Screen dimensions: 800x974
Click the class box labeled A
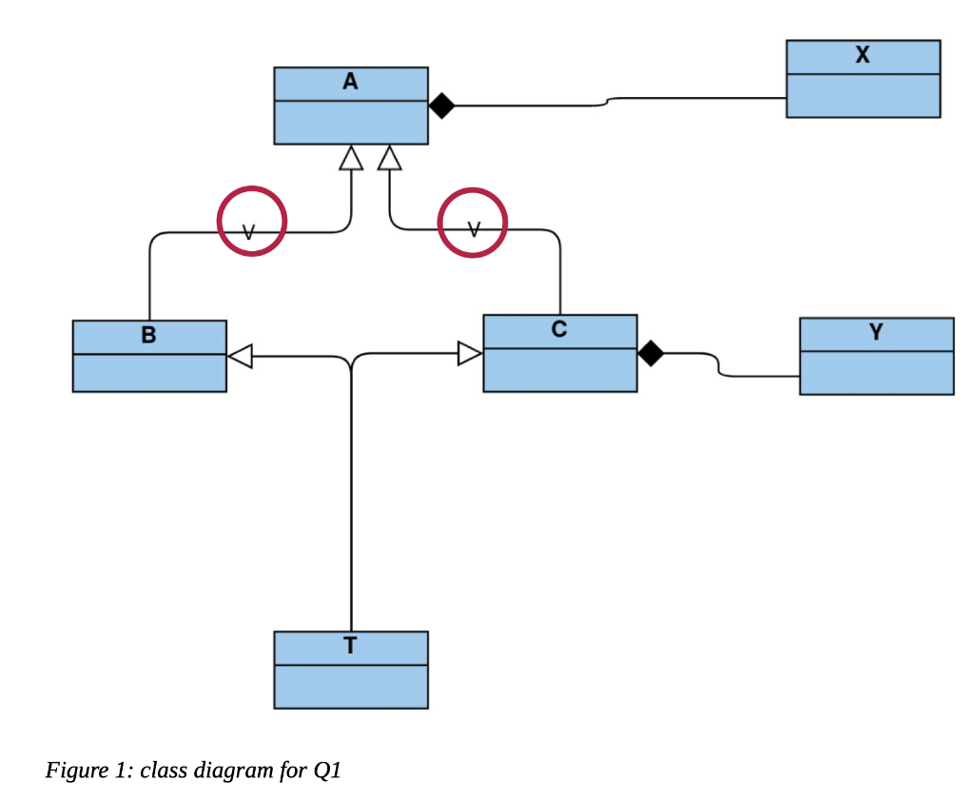click(350, 106)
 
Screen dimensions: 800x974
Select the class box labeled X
click(863, 79)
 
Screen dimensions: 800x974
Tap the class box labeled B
click(149, 356)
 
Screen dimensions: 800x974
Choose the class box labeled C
click(559, 353)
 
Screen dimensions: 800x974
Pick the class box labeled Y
click(876, 356)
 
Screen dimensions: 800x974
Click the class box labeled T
click(350, 670)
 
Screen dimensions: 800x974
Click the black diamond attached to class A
click(440, 106)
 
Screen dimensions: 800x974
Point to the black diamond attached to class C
click(650, 354)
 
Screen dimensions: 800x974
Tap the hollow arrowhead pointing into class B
click(240, 357)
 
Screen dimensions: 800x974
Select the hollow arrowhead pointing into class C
click(470, 354)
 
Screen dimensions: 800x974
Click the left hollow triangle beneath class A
click(351, 158)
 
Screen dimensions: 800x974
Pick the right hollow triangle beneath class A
click(389, 158)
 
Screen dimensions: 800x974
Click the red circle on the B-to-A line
click(251, 222)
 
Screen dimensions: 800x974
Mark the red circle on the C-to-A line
click(472, 224)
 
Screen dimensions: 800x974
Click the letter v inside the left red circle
click(249, 232)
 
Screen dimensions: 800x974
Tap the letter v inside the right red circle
click(474, 229)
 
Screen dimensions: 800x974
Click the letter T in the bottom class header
click(350, 647)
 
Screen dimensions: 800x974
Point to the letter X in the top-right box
click(862, 55)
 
